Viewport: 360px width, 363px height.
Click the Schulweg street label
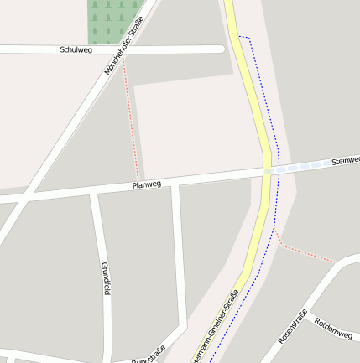click(75, 50)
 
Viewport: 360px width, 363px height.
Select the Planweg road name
click(146, 184)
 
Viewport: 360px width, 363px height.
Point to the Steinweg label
click(345, 159)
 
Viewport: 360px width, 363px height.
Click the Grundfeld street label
click(106, 278)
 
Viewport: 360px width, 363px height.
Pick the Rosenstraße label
click(292, 327)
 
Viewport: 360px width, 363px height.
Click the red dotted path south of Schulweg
click(132, 117)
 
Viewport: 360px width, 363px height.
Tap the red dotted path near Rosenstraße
click(306, 253)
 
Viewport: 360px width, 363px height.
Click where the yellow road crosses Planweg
click(266, 170)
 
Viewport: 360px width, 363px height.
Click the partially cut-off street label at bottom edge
click(149, 356)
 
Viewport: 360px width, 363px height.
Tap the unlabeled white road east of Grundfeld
click(178, 260)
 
